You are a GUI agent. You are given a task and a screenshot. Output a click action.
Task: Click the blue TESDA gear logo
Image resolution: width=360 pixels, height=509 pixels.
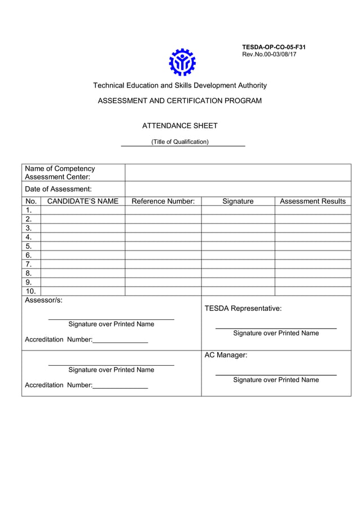182,62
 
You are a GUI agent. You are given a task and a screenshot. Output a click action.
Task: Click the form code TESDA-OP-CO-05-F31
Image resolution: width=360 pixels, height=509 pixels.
274,47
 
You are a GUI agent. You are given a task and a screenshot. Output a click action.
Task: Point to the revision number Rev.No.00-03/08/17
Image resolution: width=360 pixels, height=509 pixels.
269,54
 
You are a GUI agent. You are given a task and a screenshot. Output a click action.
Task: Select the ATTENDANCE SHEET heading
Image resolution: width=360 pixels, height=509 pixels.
179,126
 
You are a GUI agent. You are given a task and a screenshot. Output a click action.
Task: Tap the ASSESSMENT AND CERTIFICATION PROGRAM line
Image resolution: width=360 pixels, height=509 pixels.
179,101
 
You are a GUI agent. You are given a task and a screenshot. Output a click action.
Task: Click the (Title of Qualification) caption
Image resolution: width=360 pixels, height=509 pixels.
179,142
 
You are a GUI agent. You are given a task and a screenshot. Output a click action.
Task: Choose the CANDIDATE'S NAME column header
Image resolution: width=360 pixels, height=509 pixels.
83,201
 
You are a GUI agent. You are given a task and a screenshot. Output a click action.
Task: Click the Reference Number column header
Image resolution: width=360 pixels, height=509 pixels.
163,201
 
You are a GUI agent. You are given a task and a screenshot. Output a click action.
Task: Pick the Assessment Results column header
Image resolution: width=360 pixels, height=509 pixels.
313,201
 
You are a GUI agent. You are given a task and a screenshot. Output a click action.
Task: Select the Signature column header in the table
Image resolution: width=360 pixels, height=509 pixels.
238,201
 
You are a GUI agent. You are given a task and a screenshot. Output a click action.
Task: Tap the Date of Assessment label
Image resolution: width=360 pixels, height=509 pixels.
58,189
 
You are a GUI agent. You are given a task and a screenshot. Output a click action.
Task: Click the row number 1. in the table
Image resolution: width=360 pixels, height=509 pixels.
29,210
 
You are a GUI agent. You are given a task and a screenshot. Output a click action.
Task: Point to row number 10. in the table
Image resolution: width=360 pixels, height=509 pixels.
30,291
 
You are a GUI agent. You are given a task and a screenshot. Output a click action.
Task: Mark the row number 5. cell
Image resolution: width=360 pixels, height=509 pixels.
29,246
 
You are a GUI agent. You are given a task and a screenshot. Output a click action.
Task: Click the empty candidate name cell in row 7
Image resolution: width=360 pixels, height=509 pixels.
83,264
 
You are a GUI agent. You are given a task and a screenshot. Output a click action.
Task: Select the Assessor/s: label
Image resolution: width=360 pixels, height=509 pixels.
43,300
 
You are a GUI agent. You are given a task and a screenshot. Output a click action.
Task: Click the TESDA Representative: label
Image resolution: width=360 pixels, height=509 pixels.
243,308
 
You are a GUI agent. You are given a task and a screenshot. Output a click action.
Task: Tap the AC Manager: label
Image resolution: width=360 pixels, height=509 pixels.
226,355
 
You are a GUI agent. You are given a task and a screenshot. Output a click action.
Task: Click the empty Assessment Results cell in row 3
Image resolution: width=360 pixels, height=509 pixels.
313,228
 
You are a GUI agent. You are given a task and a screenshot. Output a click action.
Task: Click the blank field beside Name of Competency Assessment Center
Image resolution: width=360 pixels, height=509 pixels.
238,173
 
